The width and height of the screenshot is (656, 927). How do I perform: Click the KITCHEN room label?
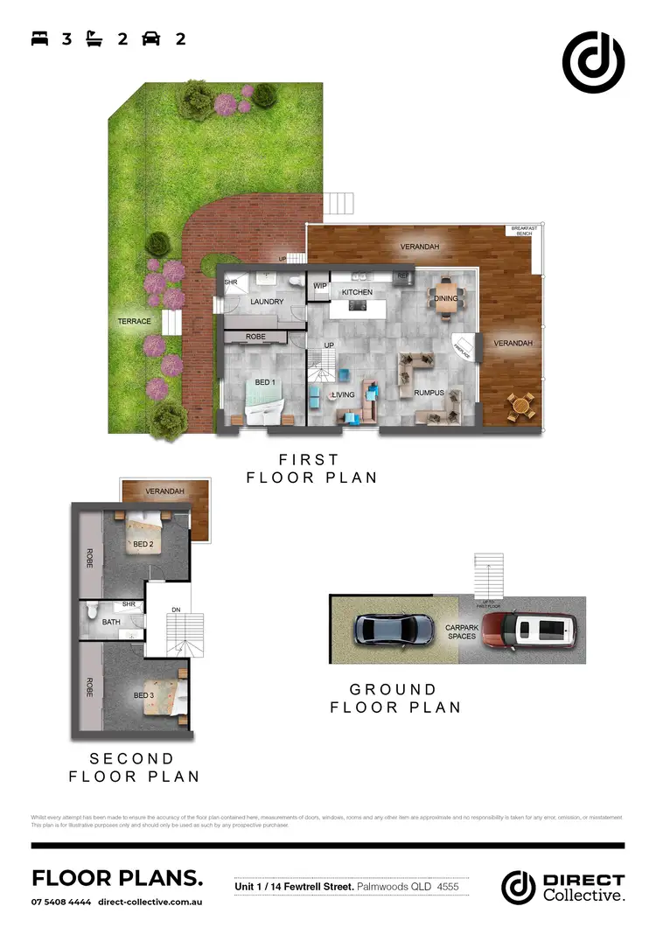[357, 292]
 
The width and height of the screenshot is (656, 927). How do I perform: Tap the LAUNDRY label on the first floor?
[267, 302]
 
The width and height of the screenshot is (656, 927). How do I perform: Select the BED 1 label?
[265, 383]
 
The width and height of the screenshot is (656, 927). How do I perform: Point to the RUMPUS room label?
[429, 394]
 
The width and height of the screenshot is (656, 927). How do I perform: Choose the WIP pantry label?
[319, 286]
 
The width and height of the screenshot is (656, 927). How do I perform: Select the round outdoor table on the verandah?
[521, 405]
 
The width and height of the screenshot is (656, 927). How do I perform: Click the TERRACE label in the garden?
[135, 322]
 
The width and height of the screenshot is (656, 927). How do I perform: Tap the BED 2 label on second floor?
[143, 545]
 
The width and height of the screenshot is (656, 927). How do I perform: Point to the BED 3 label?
[143, 695]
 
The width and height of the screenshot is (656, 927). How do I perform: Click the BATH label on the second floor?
[111, 623]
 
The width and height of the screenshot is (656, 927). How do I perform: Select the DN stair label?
[175, 610]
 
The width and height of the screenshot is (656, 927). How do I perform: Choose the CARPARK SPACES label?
[462, 631]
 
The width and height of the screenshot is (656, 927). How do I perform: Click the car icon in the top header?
[151, 38]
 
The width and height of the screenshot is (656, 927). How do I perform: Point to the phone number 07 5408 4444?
[60, 902]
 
